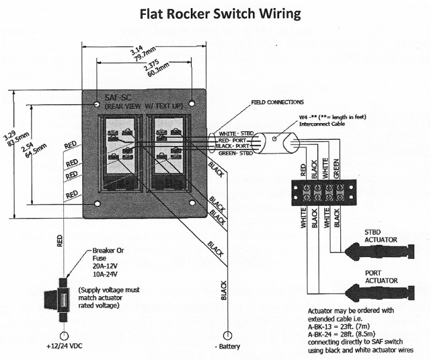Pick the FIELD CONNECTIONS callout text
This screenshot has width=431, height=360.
click(x=277, y=102)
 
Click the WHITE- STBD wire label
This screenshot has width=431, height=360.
click(x=236, y=133)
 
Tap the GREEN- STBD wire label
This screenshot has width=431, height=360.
click(x=236, y=152)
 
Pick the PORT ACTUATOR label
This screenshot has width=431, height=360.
click(x=380, y=277)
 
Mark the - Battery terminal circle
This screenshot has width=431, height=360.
click(x=227, y=334)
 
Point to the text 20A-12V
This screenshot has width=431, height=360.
click(x=104, y=267)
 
